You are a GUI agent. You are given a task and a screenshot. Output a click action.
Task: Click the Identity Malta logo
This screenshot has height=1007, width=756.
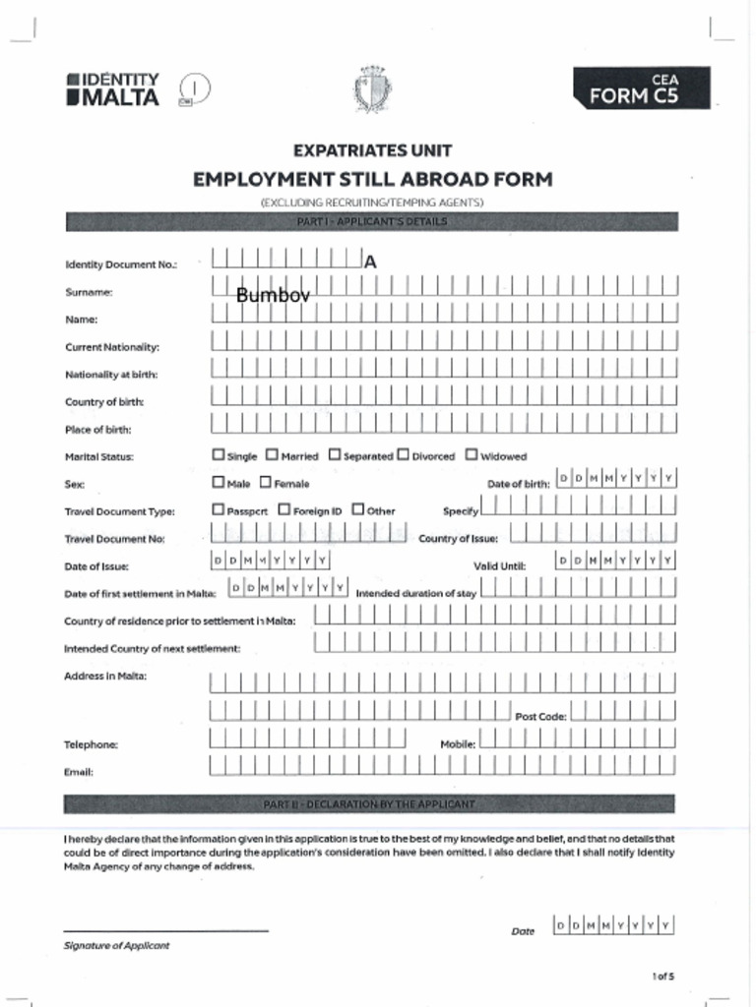click(x=112, y=89)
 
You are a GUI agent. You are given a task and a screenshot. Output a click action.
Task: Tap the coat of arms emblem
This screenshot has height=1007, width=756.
click(x=372, y=89)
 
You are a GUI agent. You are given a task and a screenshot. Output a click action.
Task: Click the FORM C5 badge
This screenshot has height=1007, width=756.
click(x=641, y=89)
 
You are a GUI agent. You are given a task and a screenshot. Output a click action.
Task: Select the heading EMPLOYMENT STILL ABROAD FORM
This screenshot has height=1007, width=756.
click(x=372, y=179)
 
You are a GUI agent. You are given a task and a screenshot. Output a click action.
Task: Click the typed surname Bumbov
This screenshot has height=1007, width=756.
click(x=273, y=294)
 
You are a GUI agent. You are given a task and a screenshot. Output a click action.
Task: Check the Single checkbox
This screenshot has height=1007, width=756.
click(x=219, y=455)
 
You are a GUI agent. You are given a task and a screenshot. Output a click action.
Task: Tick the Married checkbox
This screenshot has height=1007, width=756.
click(x=273, y=455)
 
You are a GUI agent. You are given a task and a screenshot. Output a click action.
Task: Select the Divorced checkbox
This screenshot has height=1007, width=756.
click(x=403, y=455)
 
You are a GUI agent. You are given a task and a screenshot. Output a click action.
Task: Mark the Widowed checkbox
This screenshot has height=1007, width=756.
click(x=472, y=455)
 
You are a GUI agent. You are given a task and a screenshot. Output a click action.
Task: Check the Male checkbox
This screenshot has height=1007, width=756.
click(x=219, y=483)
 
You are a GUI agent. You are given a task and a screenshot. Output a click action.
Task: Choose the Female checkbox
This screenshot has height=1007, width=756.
click(x=266, y=483)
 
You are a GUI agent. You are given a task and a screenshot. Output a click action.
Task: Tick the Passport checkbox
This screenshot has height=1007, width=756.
click(x=219, y=510)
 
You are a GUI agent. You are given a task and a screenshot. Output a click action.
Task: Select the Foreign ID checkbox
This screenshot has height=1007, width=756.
click(x=283, y=510)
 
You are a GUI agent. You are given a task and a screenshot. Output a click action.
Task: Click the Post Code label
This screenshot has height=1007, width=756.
click(x=540, y=717)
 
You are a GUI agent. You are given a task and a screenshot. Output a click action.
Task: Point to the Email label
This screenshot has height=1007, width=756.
click(x=79, y=772)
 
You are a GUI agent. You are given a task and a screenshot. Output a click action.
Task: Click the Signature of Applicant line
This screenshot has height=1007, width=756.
click(x=165, y=929)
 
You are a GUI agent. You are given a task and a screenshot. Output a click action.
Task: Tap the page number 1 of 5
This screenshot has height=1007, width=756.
click(x=662, y=977)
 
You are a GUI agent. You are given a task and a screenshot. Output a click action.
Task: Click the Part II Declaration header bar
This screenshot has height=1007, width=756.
click(x=369, y=804)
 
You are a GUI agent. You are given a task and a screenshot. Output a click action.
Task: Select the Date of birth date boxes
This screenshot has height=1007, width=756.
click(x=616, y=479)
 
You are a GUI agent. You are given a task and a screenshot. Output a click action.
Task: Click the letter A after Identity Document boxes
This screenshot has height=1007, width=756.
click(x=370, y=262)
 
